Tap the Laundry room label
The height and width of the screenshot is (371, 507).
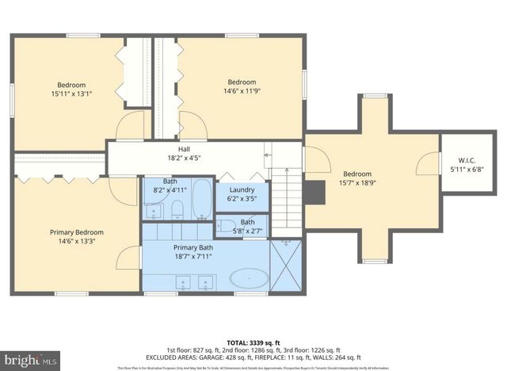(242, 190)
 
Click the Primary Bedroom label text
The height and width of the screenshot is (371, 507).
(77, 232)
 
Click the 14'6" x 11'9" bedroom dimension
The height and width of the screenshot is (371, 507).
(242, 91)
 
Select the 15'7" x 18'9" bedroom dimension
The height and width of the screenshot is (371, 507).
(356, 183)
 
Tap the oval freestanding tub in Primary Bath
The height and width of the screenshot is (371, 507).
(249, 278)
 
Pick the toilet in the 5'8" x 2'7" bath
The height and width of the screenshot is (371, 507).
(227, 227)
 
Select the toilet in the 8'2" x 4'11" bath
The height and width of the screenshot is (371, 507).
(177, 209)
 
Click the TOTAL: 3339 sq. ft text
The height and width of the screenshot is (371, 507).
(253, 342)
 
